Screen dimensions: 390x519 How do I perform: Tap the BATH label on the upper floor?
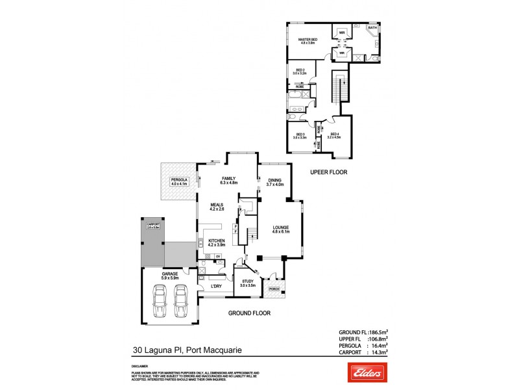[372, 28]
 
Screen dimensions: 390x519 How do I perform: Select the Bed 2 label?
[300, 71]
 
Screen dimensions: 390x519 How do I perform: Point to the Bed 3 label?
[299, 136]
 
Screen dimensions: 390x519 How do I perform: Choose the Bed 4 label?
[334, 136]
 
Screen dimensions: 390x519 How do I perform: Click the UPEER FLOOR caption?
[329, 173]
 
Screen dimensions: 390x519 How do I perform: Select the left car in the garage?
[158, 304]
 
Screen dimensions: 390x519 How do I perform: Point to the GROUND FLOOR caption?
[249, 313]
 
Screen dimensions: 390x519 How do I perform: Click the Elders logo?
[360, 372]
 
